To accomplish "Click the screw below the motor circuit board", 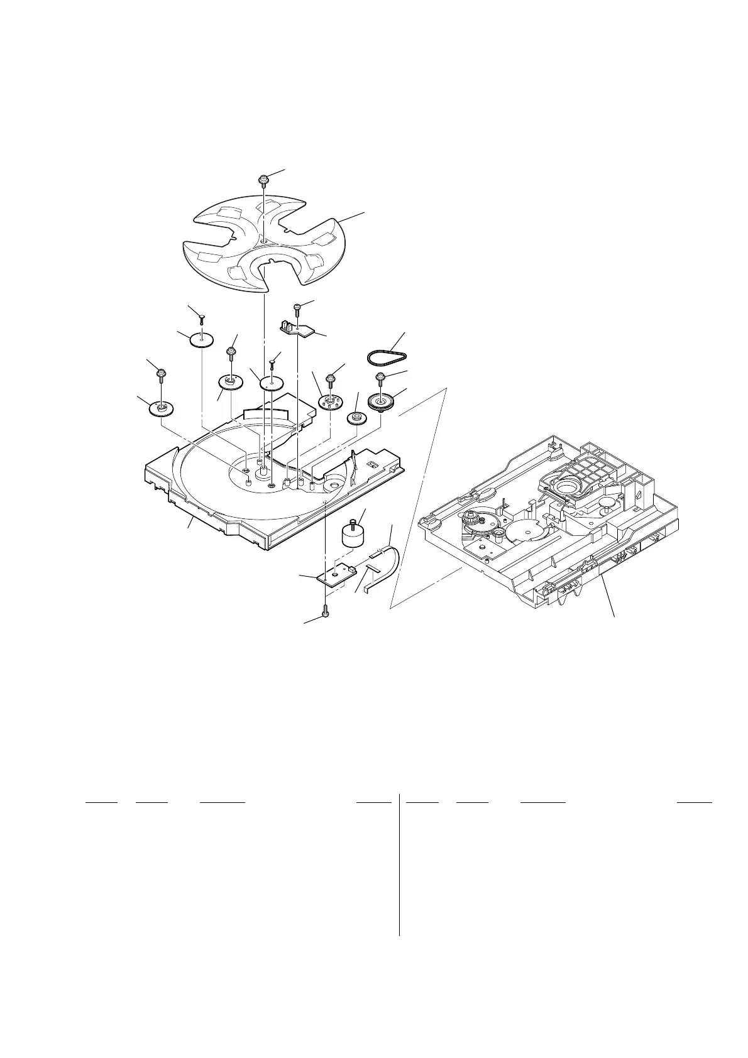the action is pos(325,610).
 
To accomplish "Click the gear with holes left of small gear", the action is pos(329,400).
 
